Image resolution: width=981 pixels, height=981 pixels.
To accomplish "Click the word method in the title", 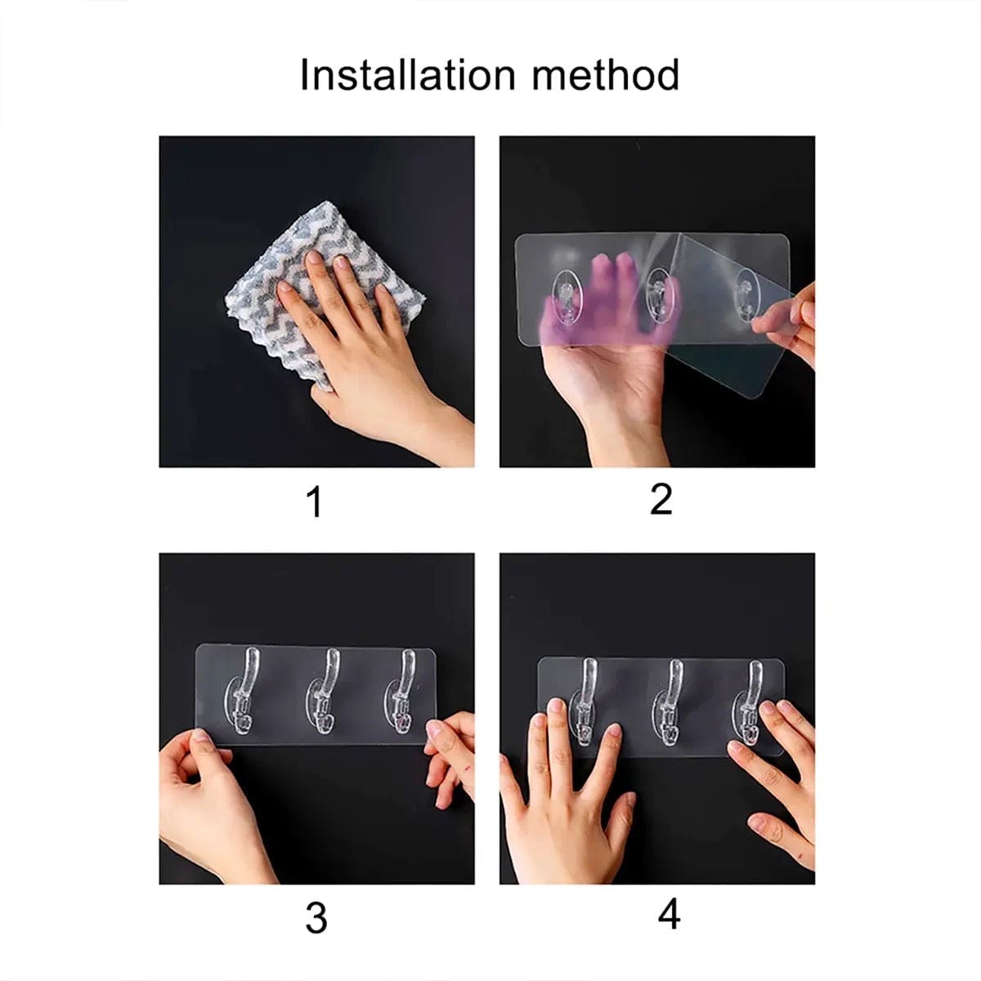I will (x=606, y=75).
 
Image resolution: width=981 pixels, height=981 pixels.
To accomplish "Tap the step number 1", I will (x=315, y=502).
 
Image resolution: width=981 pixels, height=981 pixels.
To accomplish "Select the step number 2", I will (x=661, y=499).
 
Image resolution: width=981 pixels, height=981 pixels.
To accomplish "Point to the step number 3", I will (x=316, y=918).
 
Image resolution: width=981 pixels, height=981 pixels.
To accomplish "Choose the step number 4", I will (x=669, y=915).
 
